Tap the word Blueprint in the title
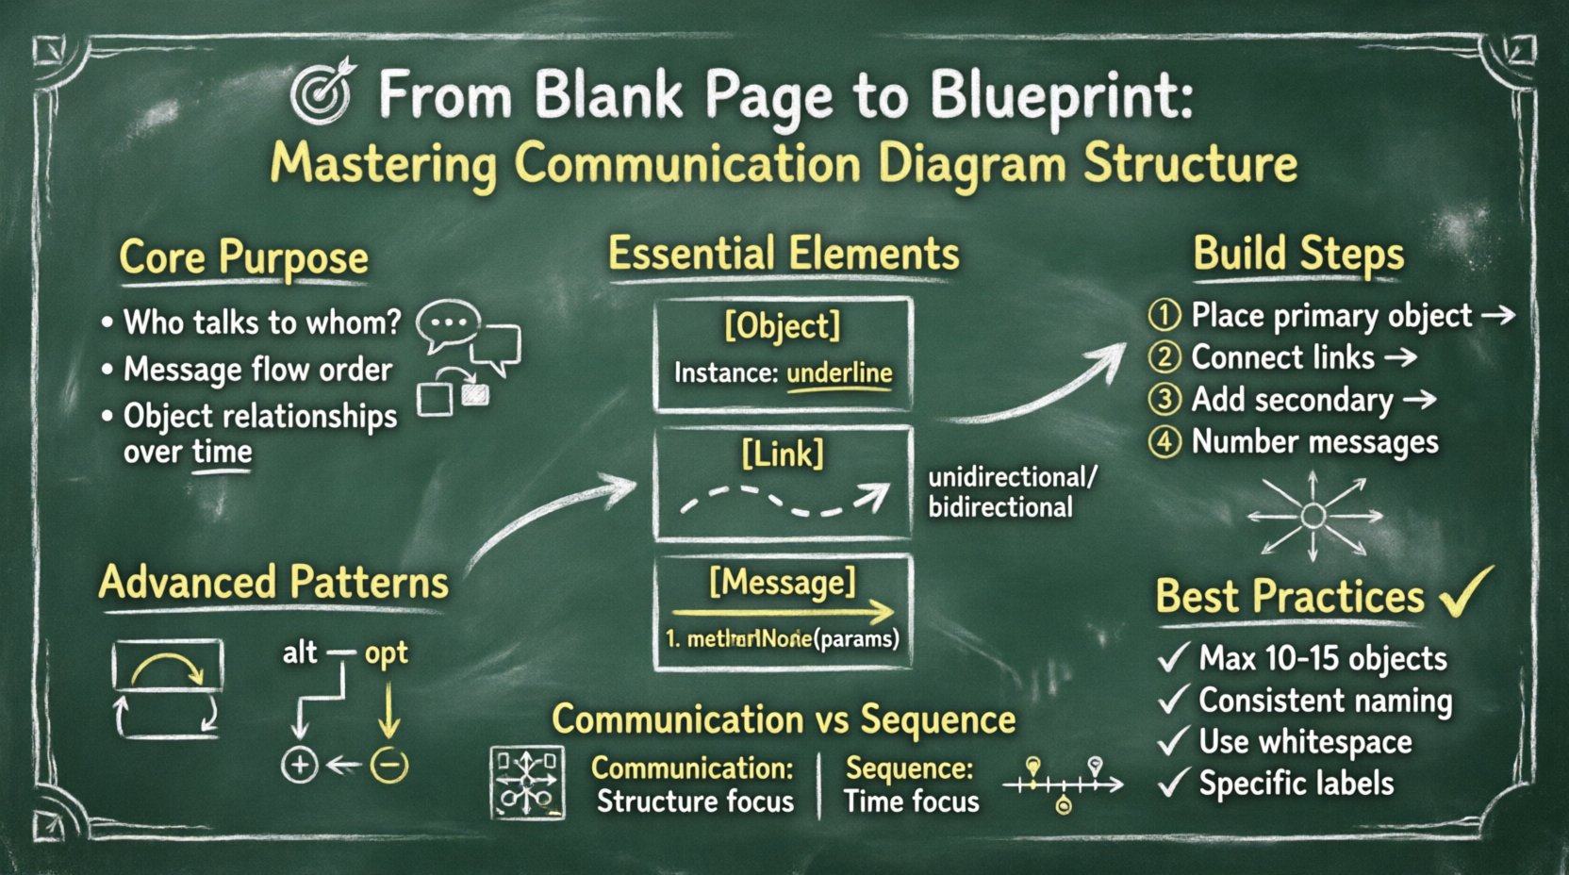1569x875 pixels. pos(1061,97)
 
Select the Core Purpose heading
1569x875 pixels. pos(243,257)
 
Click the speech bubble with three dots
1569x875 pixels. pos(449,323)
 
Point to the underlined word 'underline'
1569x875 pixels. pos(839,372)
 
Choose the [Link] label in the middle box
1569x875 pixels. pos(783,454)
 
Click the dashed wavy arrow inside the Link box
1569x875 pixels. pos(784,500)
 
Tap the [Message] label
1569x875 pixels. pos(783,582)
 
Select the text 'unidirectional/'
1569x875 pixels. pos(1013,476)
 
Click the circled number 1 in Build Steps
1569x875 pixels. pos(1164,314)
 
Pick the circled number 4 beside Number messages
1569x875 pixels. pos(1164,441)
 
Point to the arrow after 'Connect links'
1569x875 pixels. pos(1401,357)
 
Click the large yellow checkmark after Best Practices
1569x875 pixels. pos(1466,592)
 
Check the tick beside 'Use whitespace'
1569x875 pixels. pos(1172,742)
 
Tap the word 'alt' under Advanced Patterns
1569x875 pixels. pos(300,652)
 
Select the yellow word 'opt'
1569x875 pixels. pos(387,652)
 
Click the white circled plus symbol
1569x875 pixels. pos(300,765)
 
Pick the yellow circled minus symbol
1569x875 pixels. pos(388,765)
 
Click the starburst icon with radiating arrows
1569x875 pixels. pos(1313,516)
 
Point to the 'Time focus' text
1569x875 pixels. pos(912,801)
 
